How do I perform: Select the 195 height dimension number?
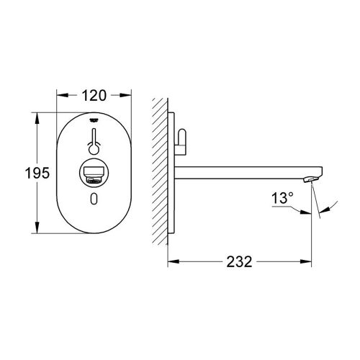point(17,173)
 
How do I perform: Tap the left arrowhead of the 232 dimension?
point(172,261)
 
